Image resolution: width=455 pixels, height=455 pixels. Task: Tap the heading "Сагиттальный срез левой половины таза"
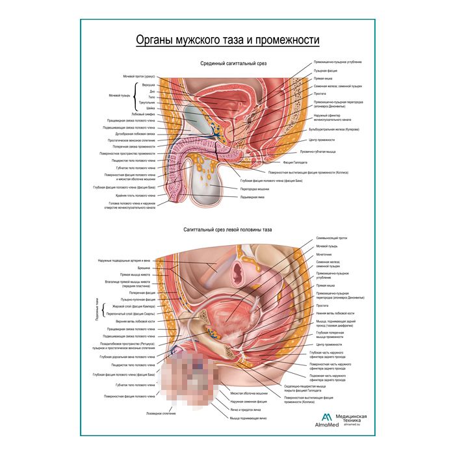click(226, 229)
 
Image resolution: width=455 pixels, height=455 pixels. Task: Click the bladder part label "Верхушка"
click(149, 84)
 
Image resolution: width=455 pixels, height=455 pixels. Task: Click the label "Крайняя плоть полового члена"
click(137, 195)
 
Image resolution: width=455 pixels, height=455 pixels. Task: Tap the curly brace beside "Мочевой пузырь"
click(135, 96)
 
